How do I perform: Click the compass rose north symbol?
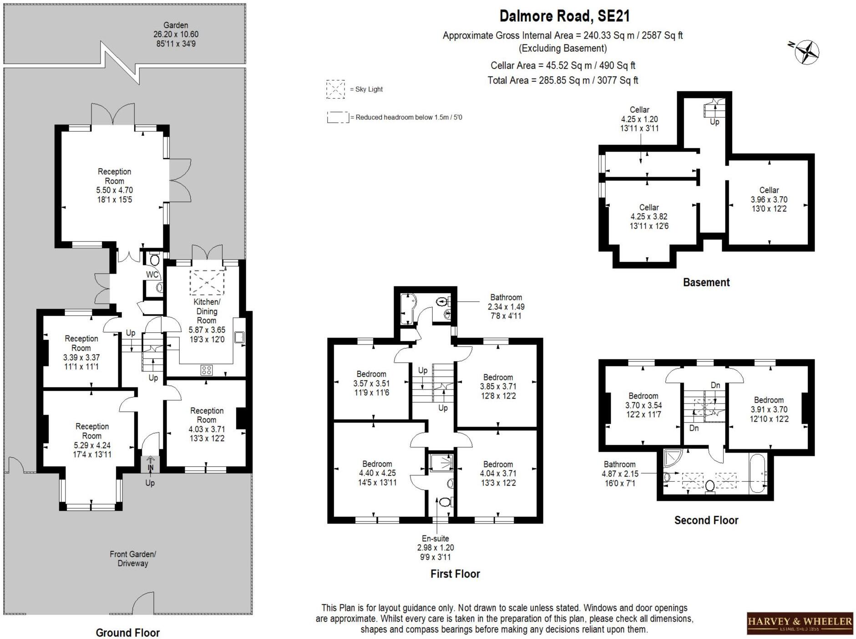tap(806, 52)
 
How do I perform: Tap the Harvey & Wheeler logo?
tap(800, 623)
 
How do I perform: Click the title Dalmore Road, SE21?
tap(564, 16)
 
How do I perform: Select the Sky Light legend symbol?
tap(335, 89)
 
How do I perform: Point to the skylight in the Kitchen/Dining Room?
tap(207, 282)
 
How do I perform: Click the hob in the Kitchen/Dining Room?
tap(206, 370)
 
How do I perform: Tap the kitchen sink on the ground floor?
tap(239, 337)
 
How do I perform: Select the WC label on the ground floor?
tap(152, 275)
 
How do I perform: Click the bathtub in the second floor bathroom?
tap(758, 473)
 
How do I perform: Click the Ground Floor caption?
tap(127, 632)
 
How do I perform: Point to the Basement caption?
tap(706, 282)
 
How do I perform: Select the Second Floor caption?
tap(706, 520)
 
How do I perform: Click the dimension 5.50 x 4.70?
tap(114, 190)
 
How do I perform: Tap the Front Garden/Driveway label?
tap(133, 559)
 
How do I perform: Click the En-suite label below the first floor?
tap(436, 538)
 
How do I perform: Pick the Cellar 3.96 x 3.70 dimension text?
tap(769, 199)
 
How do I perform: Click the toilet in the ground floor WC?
tap(154, 260)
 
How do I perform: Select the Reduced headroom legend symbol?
tap(338, 118)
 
